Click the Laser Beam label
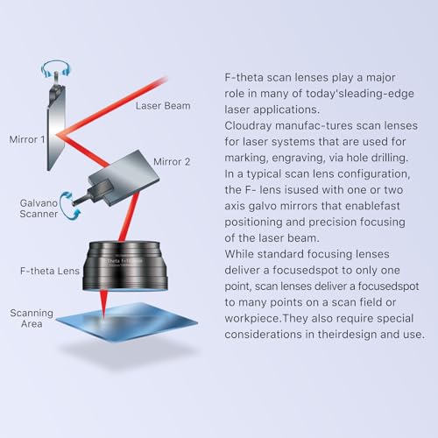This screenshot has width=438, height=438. (163, 107)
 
